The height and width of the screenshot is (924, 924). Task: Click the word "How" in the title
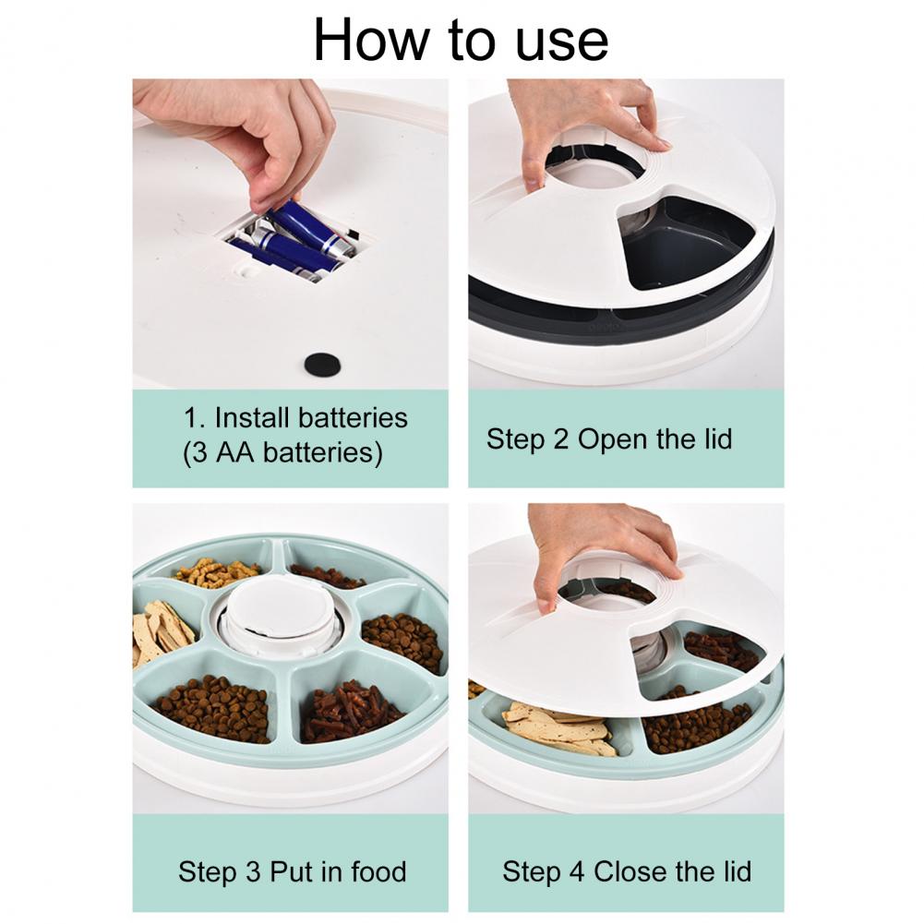[372, 40]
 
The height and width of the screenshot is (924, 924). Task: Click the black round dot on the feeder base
[322, 366]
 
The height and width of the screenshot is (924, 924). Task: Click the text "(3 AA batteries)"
[282, 453]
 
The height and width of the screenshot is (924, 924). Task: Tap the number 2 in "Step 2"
[560, 439]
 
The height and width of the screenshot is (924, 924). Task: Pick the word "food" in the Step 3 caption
[378, 871]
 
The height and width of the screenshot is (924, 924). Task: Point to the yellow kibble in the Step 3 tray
[216, 572]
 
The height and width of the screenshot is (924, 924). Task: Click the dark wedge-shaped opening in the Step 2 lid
[685, 243]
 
